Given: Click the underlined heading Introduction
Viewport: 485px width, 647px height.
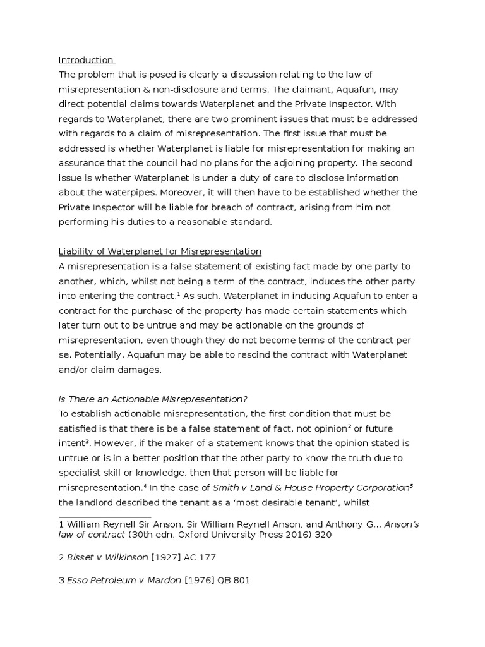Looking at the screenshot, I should (x=85, y=61).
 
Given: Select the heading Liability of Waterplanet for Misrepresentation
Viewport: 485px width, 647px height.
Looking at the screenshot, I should (x=160, y=251).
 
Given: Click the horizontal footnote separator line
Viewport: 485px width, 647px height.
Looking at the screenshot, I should (x=105, y=517).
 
